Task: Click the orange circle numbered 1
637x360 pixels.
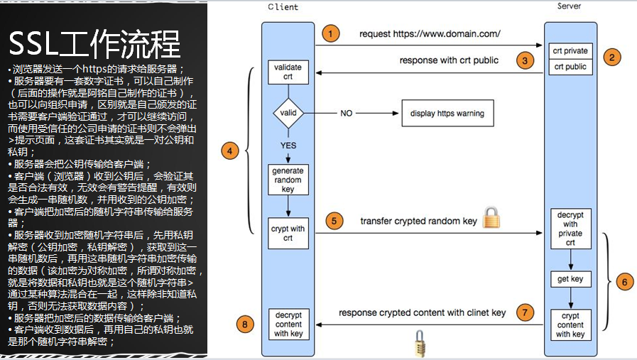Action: (x=329, y=33)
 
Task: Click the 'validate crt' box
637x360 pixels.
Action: (x=288, y=71)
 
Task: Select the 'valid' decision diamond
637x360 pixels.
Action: (x=288, y=113)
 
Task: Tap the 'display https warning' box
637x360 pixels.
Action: (x=447, y=113)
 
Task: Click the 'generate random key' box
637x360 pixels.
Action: (x=288, y=180)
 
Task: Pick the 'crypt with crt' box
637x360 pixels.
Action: (x=288, y=234)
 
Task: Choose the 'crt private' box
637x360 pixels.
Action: (x=570, y=51)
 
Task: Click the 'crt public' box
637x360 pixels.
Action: (x=570, y=67)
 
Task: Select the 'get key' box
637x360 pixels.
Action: (x=570, y=279)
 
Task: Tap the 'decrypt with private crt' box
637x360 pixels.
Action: (x=570, y=228)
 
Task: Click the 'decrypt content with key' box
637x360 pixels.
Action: (x=288, y=323)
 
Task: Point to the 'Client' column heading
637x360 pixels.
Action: (x=283, y=7)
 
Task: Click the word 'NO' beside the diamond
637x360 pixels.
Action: (x=347, y=113)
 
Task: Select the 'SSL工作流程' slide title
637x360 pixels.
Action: (x=94, y=45)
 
